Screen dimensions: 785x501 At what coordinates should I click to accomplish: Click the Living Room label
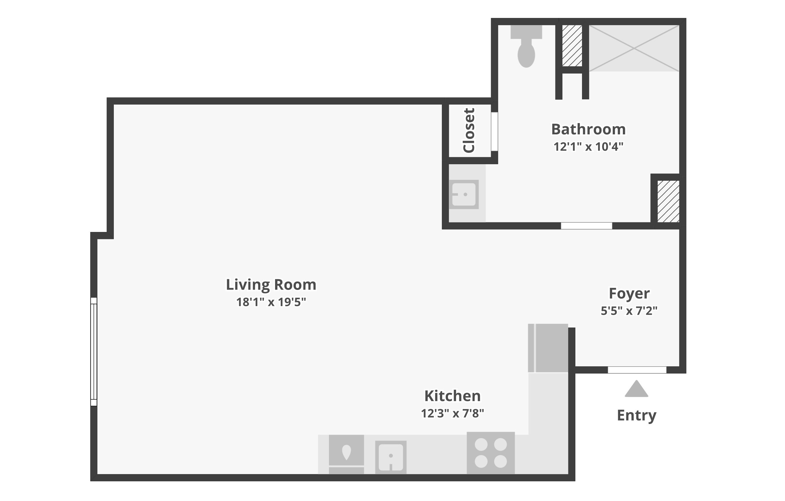[x=271, y=285]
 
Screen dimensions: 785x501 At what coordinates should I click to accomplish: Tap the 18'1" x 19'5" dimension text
[x=271, y=302]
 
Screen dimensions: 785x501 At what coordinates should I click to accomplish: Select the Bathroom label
[x=588, y=129]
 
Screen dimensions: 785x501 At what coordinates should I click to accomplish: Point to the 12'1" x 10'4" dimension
[x=588, y=147]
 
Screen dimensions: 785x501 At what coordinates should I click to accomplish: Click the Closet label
[x=469, y=130]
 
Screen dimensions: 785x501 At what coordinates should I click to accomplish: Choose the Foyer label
[x=629, y=294]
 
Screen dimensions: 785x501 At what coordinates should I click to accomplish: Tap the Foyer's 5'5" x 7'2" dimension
[x=629, y=311]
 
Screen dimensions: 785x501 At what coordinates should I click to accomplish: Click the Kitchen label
[x=453, y=396]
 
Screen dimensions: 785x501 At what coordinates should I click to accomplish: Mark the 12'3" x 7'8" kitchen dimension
[x=453, y=413]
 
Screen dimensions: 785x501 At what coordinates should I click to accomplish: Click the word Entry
[x=637, y=416]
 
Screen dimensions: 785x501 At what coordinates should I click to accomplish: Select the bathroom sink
[x=464, y=194]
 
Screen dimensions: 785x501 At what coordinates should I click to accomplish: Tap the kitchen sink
[x=391, y=457]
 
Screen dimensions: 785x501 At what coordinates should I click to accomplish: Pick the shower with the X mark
[x=634, y=48]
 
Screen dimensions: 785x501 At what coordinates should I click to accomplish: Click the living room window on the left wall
[x=94, y=352]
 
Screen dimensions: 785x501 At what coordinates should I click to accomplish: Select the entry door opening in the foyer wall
[x=637, y=370]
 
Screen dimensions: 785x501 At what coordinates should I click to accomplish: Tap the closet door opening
[x=495, y=132]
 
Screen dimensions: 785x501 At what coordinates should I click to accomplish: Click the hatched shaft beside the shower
[x=572, y=46]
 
